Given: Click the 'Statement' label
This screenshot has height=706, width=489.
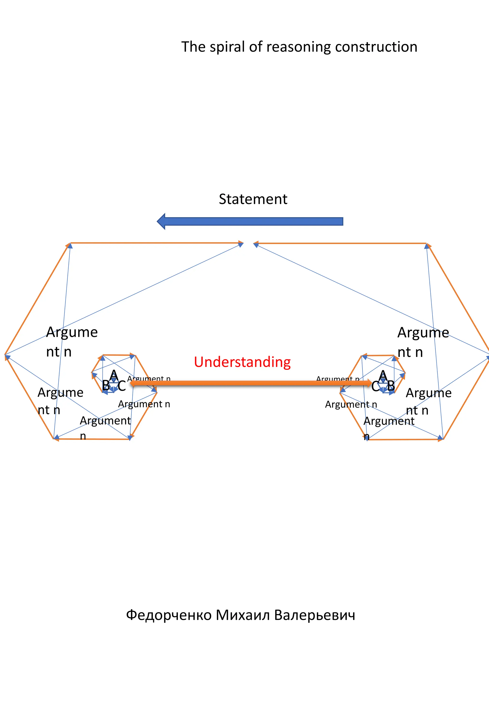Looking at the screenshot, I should click(253, 199).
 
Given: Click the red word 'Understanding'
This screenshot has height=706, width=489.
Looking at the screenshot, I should click(242, 362).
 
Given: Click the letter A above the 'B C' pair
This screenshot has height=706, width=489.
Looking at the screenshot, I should click(114, 375).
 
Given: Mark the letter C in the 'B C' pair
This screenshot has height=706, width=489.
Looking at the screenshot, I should click(121, 386).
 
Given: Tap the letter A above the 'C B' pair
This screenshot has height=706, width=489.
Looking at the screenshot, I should click(383, 376).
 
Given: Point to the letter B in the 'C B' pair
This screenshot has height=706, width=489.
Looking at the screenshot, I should click(391, 386).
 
